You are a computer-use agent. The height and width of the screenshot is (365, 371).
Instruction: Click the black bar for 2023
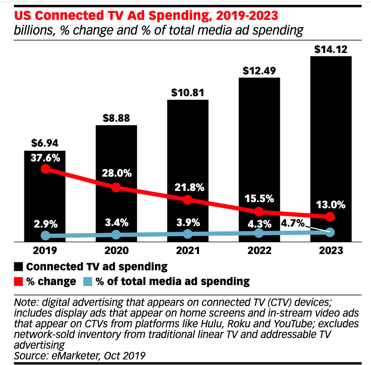330,127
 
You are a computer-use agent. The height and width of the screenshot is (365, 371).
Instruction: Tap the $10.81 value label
187,93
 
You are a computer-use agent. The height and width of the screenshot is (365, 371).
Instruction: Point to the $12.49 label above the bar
259,71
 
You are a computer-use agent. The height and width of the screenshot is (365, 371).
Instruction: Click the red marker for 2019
45,169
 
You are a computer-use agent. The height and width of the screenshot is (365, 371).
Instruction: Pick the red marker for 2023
330,217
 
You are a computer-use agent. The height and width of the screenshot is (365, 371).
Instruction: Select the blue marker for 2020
116,235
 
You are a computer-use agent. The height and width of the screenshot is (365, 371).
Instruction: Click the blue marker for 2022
259,233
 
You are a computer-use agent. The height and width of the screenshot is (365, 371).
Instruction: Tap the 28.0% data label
117,173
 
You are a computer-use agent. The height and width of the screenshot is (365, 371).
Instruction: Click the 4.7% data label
293,222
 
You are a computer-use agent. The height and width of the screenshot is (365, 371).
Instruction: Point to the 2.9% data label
45,224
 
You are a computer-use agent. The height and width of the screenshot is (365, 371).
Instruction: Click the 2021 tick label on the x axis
187,250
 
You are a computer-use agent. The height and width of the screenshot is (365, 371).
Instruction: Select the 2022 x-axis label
259,250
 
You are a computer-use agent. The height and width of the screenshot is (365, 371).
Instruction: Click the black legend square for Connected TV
19,266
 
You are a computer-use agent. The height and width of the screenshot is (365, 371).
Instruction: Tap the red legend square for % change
19,281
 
